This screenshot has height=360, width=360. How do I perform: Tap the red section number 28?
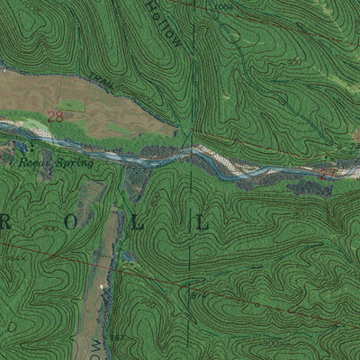pyautogui.click(x=56, y=116)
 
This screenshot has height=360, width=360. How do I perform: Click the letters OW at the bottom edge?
pyautogui.click(x=96, y=346)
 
